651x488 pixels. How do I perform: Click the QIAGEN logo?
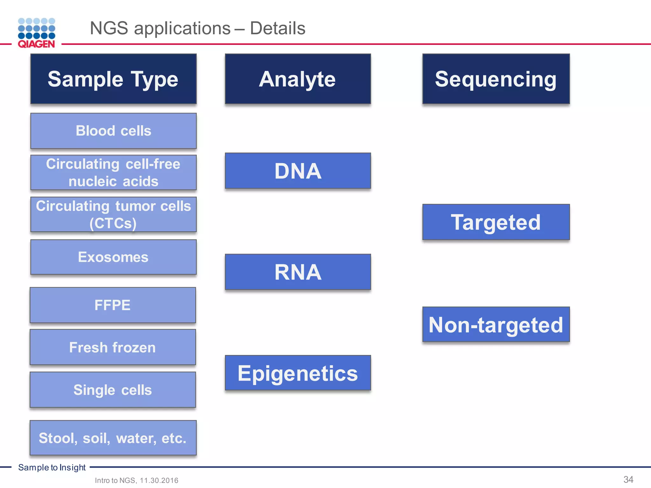(x=37, y=33)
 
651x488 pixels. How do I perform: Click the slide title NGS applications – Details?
(x=197, y=28)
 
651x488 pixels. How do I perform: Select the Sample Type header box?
(x=113, y=79)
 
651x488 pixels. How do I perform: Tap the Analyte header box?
(x=298, y=79)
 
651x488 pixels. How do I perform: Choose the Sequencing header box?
(x=496, y=79)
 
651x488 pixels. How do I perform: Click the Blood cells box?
(x=113, y=131)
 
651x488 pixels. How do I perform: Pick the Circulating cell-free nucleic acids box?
(x=113, y=173)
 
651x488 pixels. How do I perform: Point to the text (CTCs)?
(x=113, y=223)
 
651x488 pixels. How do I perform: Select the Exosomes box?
(x=113, y=257)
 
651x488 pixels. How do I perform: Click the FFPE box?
(x=113, y=305)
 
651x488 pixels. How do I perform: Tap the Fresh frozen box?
(x=113, y=347)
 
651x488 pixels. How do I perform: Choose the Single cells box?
(x=113, y=390)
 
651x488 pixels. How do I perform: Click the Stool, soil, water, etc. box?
(x=113, y=438)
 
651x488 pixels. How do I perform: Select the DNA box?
(x=298, y=171)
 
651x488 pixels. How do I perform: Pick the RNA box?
(x=298, y=272)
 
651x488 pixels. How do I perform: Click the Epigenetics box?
(x=298, y=373)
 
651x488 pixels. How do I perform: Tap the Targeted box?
(x=496, y=222)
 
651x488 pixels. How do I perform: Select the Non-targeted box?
(x=496, y=324)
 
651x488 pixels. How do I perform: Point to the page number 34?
(x=628, y=479)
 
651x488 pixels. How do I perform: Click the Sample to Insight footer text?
(x=52, y=467)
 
